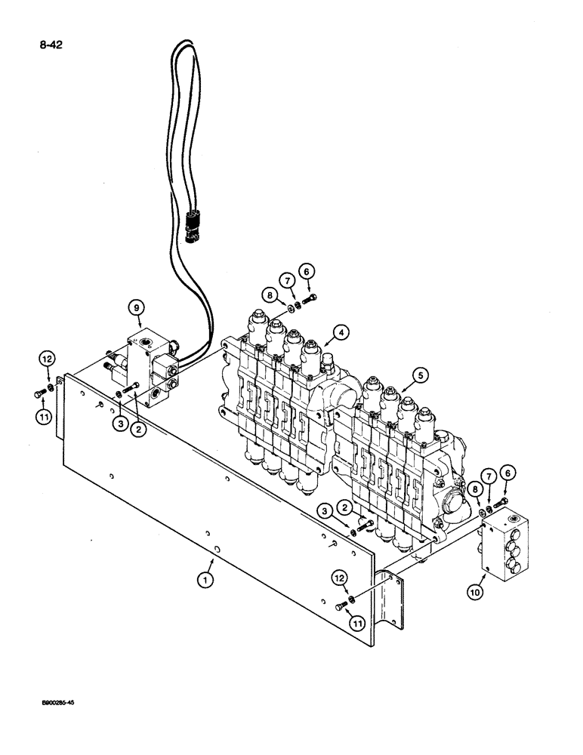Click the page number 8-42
50,45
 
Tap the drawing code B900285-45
52,702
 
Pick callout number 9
135,308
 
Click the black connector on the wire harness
192,224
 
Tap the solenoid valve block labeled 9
151,370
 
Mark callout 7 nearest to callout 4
287,281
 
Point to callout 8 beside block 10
476,490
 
